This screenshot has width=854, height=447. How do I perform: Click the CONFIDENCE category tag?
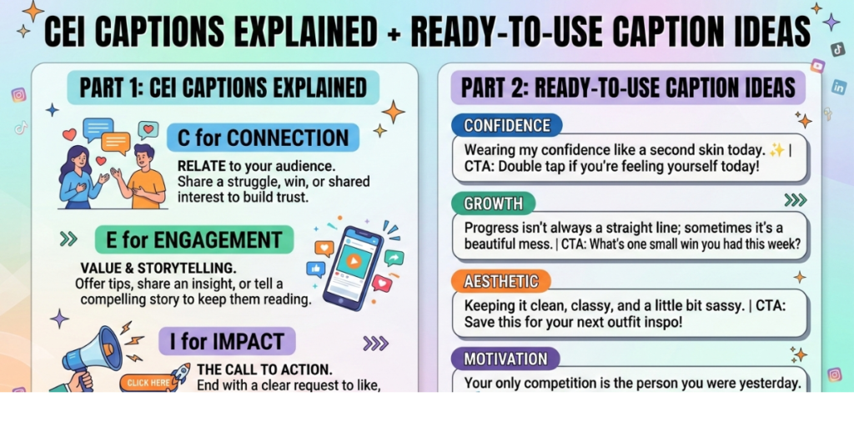[x=506, y=126]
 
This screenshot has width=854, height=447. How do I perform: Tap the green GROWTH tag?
[x=493, y=203]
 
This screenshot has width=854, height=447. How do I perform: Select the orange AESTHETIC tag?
[x=500, y=281]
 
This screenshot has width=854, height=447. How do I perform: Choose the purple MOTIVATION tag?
[x=505, y=359]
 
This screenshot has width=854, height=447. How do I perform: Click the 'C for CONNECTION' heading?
[x=263, y=138]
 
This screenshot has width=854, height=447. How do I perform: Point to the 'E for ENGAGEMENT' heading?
[x=193, y=240]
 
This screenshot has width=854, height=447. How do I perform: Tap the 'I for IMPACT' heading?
[x=227, y=341]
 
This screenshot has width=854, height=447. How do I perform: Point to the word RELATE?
[x=202, y=165]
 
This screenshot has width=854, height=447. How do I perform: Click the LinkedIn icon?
[x=837, y=87]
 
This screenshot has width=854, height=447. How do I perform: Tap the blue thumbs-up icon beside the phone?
[x=315, y=269]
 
